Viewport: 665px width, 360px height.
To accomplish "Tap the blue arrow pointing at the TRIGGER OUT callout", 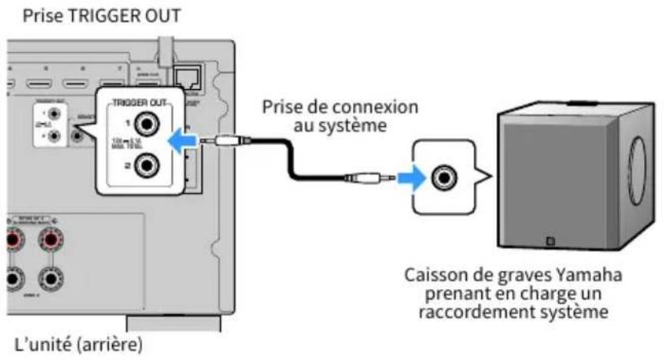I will click(x=181, y=139).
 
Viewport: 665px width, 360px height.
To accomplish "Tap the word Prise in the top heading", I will click(x=42, y=14).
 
